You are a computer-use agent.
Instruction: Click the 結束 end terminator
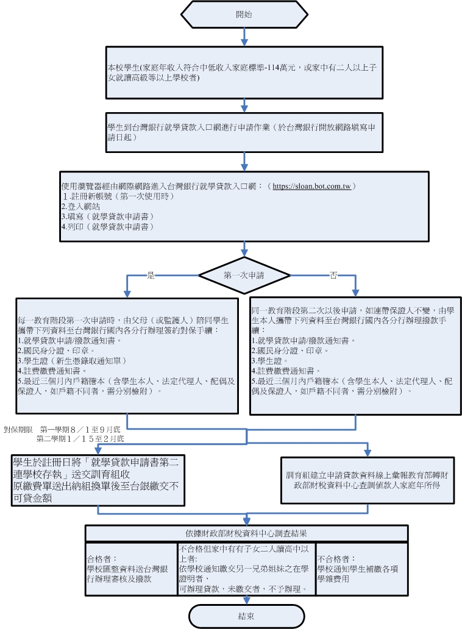246,616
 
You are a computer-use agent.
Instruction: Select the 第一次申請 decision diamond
244,275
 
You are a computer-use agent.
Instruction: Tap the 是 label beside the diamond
151,275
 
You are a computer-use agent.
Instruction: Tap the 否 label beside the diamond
333,275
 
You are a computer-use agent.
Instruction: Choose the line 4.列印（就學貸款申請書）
107,226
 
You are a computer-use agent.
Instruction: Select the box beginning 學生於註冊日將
98,480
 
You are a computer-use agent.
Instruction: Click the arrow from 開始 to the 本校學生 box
244,37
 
